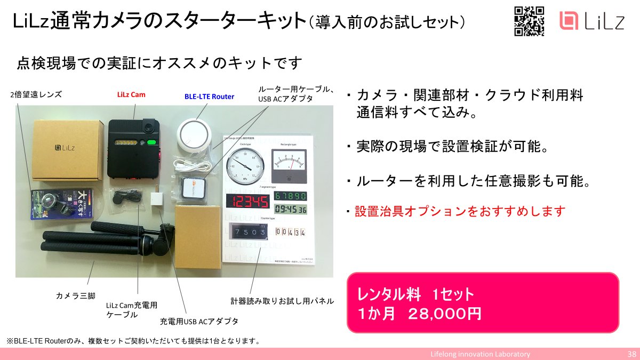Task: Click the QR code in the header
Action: pos(529,21)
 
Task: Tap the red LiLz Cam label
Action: pos(131,95)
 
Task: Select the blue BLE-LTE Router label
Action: pos(209,97)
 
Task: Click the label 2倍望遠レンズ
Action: pos(36,95)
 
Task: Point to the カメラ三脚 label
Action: pos(76,295)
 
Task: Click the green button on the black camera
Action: pos(151,142)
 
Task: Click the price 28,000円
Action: pos(445,313)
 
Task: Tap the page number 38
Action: pos(631,354)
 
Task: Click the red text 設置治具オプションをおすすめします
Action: pos(460,211)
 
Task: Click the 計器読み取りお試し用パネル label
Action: pos(282,301)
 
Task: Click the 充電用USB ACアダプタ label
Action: pos(199,322)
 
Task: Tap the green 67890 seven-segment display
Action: pos(290,196)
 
